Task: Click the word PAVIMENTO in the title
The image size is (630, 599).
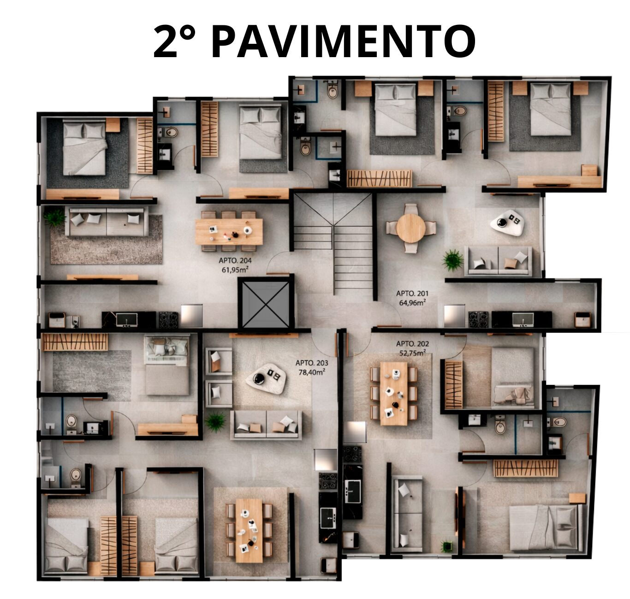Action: [x=343, y=42]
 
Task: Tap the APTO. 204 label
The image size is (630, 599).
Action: [x=235, y=261]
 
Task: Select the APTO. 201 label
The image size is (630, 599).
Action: [x=412, y=293]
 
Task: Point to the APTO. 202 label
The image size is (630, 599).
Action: [x=412, y=344]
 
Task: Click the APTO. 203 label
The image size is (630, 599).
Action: [x=312, y=363]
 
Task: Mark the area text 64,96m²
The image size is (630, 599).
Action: [x=412, y=302]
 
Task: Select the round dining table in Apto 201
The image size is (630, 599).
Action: [x=410, y=228]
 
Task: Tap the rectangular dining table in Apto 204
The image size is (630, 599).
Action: [x=229, y=231]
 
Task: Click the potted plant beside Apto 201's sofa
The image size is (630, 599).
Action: [x=453, y=260]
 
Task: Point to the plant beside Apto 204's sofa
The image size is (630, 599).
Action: [x=55, y=217]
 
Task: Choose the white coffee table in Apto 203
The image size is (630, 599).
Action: [x=266, y=378]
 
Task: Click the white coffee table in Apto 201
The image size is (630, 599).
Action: [x=507, y=223]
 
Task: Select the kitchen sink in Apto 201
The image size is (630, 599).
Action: [x=523, y=319]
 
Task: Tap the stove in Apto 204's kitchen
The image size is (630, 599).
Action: [x=168, y=319]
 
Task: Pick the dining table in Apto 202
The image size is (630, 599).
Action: [x=394, y=393]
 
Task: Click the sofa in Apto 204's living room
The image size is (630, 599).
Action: [x=107, y=222]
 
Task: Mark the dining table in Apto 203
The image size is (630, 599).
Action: [x=249, y=530]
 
